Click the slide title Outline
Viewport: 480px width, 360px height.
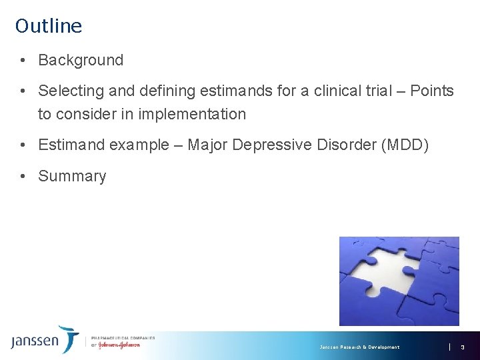click(49, 26)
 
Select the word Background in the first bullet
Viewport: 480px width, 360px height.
click(81, 60)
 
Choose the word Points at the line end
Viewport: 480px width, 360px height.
click(431, 91)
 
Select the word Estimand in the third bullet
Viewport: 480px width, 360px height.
click(71, 145)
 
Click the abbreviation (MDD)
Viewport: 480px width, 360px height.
click(402, 145)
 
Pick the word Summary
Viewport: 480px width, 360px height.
click(72, 176)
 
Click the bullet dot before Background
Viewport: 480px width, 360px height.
click(23, 60)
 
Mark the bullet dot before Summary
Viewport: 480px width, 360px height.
click(23, 176)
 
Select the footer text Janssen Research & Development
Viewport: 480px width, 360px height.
click(359, 347)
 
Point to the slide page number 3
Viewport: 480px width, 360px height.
click(462, 347)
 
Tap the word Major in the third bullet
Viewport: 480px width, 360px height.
click(207, 145)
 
